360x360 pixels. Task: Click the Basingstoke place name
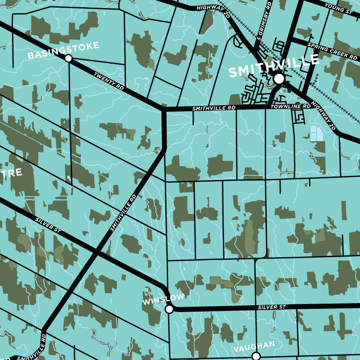tap(63, 50)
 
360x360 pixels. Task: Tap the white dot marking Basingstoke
tap(68, 58)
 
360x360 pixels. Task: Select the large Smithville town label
tap(274, 66)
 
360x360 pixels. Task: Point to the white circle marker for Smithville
tap(279, 79)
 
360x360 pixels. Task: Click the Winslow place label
tap(163, 300)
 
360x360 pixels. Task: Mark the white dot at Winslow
tap(169, 309)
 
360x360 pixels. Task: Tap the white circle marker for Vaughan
tap(256, 356)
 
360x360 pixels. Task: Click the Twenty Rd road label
tap(109, 80)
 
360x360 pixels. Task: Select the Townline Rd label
tap(290, 107)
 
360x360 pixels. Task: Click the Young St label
tap(338, 9)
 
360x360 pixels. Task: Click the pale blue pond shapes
tap(316, 134)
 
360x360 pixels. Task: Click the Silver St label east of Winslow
tap(272, 307)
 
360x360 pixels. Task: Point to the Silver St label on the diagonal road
tap(48, 226)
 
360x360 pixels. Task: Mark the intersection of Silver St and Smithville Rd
tap(96, 253)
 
